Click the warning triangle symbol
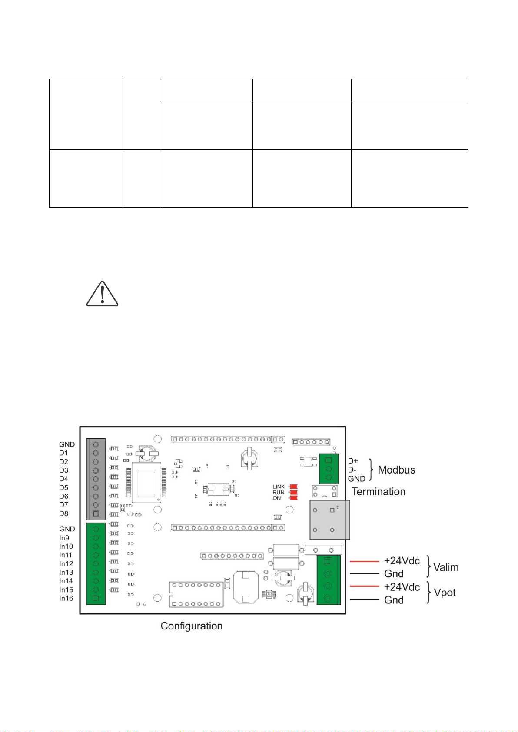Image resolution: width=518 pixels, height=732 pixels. tap(102, 294)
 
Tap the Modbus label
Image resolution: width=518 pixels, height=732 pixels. tap(396, 470)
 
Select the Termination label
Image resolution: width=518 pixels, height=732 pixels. tap(379, 491)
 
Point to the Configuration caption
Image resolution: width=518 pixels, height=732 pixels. tap(192, 626)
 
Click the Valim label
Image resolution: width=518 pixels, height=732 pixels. tap(446, 567)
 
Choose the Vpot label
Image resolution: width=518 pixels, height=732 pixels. tap(445, 593)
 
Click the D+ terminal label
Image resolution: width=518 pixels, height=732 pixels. tap(353, 461)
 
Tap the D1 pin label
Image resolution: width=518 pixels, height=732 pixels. tap(63, 453)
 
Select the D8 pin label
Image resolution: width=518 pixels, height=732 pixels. tap(64, 513)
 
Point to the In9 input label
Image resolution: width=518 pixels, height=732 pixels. tap(64, 537)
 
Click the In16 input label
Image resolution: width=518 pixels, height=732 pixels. tap(66, 598)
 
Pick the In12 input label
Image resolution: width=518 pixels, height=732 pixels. tap(66, 563)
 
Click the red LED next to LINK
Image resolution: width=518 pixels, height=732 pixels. tap(293, 487)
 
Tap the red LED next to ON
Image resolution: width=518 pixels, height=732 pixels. tap(293, 498)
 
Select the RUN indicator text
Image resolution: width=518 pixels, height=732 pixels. tap(279, 493)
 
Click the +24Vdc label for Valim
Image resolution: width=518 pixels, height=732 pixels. tap(402, 561)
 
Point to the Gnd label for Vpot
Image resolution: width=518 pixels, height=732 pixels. tap(394, 600)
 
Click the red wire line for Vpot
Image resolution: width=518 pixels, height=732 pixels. tap(365, 586)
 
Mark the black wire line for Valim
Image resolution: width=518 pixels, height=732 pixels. tap(365, 573)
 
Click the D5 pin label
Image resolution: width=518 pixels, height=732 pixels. tap(64, 487)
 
